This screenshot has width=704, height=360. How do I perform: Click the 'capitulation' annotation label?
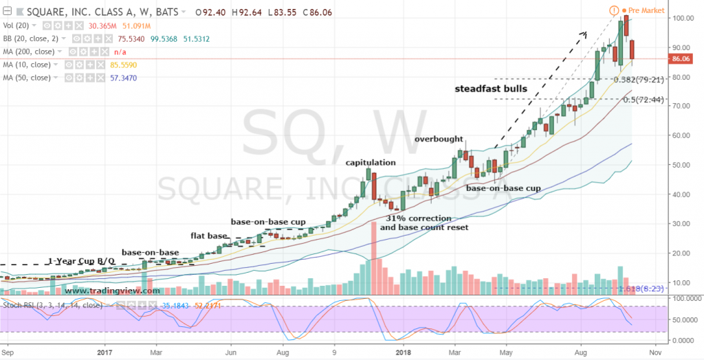pos(371,163)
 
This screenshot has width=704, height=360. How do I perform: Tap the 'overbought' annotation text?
pos(439,139)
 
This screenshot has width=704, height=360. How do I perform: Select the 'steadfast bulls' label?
pos(491,89)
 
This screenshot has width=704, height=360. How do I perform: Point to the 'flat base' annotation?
pos(208,236)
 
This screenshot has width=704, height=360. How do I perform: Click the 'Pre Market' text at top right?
pos(648,11)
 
